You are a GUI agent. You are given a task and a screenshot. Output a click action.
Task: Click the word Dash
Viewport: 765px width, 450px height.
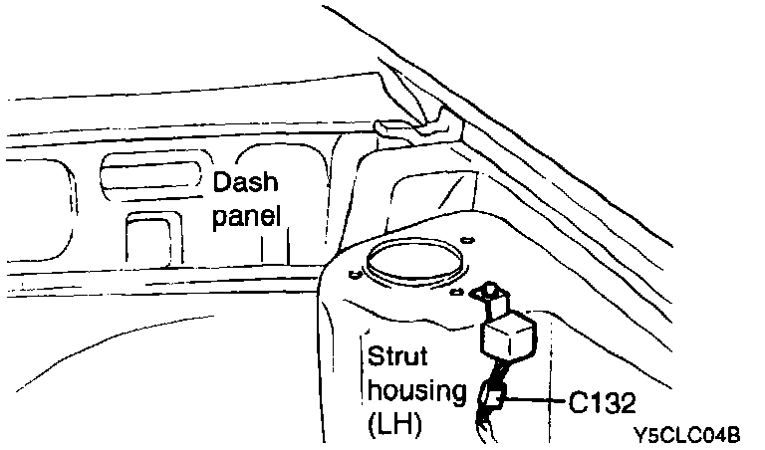246,182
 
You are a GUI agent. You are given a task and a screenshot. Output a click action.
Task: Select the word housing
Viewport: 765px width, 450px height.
416,390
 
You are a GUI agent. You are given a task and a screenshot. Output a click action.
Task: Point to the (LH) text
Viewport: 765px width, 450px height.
394,424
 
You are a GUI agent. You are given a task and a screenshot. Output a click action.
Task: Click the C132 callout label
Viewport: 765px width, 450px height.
602,401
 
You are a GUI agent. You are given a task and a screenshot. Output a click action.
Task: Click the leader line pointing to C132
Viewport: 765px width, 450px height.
539,400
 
